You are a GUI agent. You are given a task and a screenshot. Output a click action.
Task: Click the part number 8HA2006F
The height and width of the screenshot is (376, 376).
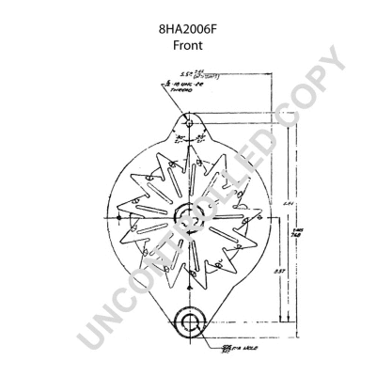[x=188, y=28]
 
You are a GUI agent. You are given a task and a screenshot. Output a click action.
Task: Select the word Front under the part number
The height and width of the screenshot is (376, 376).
[x=188, y=44]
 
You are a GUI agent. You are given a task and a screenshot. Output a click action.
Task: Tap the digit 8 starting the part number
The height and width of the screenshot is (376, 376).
[x=160, y=28]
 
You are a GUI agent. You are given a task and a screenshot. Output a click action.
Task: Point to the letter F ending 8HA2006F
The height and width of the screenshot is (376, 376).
[x=216, y=28]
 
